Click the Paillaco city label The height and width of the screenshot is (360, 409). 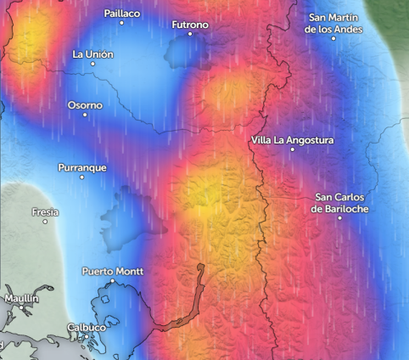coord(121,14)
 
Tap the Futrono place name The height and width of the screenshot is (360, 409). coord(189,25)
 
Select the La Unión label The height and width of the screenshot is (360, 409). coord(93,54)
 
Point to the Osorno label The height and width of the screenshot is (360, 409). coord(85,105)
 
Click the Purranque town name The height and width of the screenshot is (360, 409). coord(82,168)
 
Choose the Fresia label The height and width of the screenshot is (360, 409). coord(45,212)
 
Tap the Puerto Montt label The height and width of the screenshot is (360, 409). coord(112,272)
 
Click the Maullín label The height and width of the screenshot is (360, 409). coord(21,299)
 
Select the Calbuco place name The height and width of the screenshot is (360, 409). coord(87,327)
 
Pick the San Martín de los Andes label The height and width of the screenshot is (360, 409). coord(334,24)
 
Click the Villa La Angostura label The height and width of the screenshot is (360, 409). coord(293,140)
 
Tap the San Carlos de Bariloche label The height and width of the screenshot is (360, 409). coord(339,203)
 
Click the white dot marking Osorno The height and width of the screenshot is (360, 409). coord(85,115)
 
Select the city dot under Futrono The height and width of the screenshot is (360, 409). coord(190,34)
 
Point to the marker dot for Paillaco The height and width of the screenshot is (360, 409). coord(121,23)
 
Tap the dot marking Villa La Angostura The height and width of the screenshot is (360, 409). coord(293,149)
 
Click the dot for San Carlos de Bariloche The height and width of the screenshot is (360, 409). coord(339,218)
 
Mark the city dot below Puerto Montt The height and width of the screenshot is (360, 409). coord(112,281)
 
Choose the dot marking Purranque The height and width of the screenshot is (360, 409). coord(82,177)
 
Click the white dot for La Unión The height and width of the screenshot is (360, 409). coord(93,64)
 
